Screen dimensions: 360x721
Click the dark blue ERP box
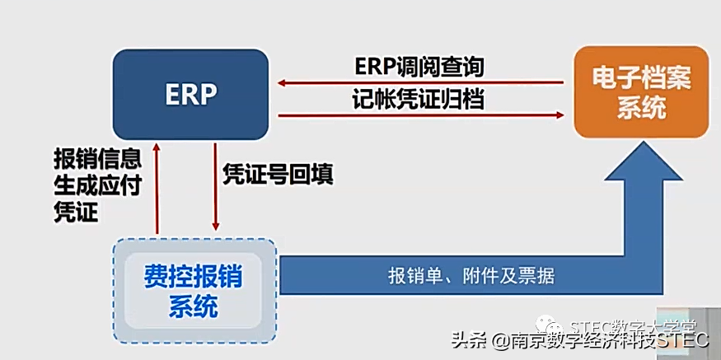point(190,94)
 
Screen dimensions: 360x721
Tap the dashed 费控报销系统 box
point(194,291)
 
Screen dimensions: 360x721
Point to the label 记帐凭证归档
point(419,100)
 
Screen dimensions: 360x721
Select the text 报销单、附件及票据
point(471,276)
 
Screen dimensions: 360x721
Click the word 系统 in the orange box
point(640,109)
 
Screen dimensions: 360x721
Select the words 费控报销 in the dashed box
point(194,276)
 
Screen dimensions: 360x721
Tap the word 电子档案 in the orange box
point(642,79)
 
